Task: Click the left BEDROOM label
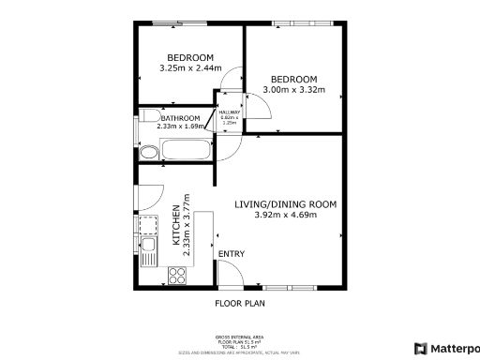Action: (x=190, y=55)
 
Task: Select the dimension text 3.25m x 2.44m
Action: (x=190, y=67)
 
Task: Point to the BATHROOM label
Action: (x=179, y=118)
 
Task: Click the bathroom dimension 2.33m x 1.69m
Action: (x=179, y=126)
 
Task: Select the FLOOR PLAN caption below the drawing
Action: (x=240, y=304)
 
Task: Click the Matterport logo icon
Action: (x=419, y=348)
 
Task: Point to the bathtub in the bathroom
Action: (x=188, y=150)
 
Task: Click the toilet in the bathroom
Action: (x=148, y=153)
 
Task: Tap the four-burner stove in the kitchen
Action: (x=175, y=275)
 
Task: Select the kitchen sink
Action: (x=148, y=249)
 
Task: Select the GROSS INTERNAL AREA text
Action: (x=240, y=336)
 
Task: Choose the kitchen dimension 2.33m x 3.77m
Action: (x=187, y=231)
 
